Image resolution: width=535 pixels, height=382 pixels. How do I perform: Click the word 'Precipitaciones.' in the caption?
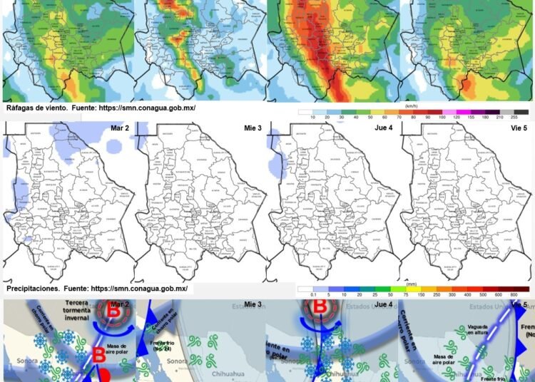click(35, 289)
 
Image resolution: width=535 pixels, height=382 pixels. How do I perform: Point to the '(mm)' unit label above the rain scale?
click(412, 284)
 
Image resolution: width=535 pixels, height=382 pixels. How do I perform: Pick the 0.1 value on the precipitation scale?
click(304, 295)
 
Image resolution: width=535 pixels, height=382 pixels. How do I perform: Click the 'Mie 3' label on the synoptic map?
click(253, 304)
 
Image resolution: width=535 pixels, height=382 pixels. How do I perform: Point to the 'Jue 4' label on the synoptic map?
click(384, 304)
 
